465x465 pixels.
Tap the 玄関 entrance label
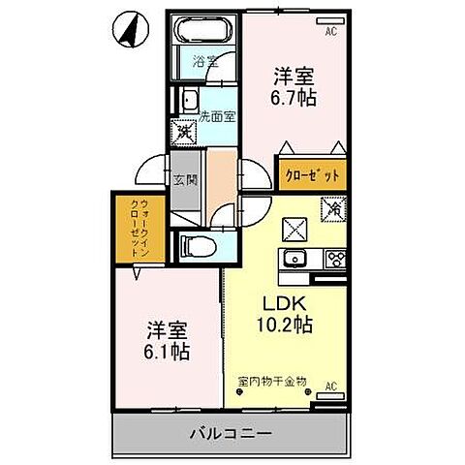click(185, 179)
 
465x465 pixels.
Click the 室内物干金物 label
click(271, 381)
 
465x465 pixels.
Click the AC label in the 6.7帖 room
click(330, 31)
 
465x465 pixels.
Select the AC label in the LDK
click(330, 386)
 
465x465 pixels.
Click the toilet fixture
click(197, 245)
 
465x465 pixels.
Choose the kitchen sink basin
click(294, 258)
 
